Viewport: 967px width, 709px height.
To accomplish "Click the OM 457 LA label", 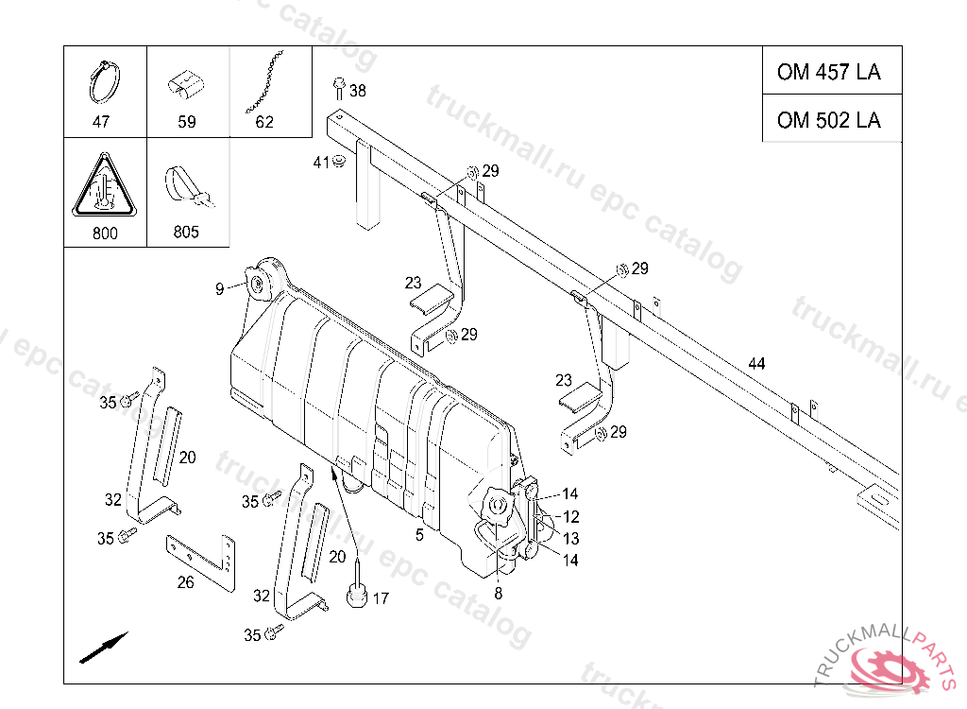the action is tap(828, 72).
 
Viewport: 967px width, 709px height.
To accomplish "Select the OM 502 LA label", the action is tap(828, 120).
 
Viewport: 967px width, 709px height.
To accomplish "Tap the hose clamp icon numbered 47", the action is tap(104, 82).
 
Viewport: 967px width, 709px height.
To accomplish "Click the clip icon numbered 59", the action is tap(186, 85).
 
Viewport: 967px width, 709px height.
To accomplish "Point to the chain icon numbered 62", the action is tap(264, 81).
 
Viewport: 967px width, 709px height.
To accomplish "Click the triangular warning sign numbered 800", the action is tap(105, 185).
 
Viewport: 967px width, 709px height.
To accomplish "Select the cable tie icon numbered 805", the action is tap(189, 188).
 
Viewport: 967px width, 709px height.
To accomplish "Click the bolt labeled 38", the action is tap(339, 88).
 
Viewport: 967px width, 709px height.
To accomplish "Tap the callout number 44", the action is tap(756, 364).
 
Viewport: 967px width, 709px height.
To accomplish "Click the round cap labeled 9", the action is tap(256, 285).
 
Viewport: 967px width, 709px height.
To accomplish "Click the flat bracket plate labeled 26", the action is tap(202, 562).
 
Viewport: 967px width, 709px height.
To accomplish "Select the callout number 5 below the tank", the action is tap(419, 535).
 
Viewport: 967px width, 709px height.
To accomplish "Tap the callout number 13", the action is tap(570, 539).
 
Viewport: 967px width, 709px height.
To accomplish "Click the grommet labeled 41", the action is tap(339, 162).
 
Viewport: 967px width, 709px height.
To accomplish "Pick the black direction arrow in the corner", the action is tap(104, 648).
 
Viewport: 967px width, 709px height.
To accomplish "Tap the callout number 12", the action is tap(570, 516).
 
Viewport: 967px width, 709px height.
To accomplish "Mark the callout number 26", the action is tap(186, 582).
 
